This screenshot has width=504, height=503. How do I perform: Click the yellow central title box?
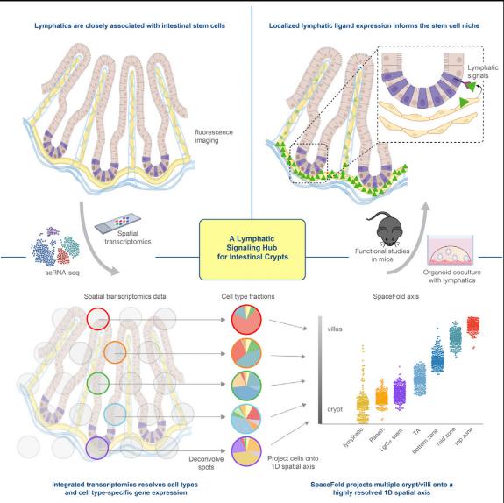pyautogui.click(x=252, y=250)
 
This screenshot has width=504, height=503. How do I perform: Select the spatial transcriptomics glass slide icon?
pyautogui.click(x=117, y=223)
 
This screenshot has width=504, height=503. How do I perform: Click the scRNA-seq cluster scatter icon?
pyautogui.click(x=55, y=246)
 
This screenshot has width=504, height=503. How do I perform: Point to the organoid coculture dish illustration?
pyautogui.click(x=450, y=251)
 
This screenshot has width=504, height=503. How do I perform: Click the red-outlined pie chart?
pyautogui.click(x=246, y=320)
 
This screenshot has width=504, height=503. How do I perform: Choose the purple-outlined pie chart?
pyautogui.click(x=246, y=451)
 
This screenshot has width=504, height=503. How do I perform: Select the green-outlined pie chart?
pyautogui.click(x=246, y=386)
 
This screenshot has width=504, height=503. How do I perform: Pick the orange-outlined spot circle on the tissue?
pyautogui.click(x=115, y=352)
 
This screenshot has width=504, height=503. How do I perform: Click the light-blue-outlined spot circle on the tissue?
pyautogui.click(x=115, y=414)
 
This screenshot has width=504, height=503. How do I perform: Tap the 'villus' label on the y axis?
pyautogui.click(x=335, y=329)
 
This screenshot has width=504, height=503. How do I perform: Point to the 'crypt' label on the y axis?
pyautogui.click(x=335, y=409)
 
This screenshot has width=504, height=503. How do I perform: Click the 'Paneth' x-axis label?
pyautogui.click(x=377, y=435)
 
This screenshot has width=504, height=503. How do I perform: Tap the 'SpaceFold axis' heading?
pyautogui.click(x=395, y=296)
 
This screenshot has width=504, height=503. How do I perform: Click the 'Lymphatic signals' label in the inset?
pyautogui.click(x=482, y=72)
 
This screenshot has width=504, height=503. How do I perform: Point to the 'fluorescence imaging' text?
pyautogui.click(x=214, y=137)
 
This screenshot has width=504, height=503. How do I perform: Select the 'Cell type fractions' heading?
pyautogui.click(x=248, y=296)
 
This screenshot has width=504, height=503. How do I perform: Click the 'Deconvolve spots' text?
pyautogui.click(x=206, y=463)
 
